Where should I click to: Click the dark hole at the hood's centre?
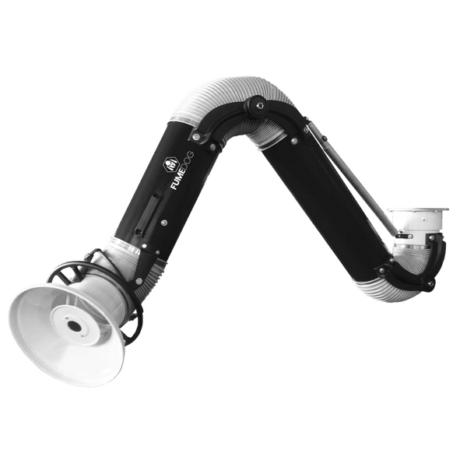(73, 325)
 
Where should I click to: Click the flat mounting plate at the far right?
(419, 209)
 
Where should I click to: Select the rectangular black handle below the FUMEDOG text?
(148, 216)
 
